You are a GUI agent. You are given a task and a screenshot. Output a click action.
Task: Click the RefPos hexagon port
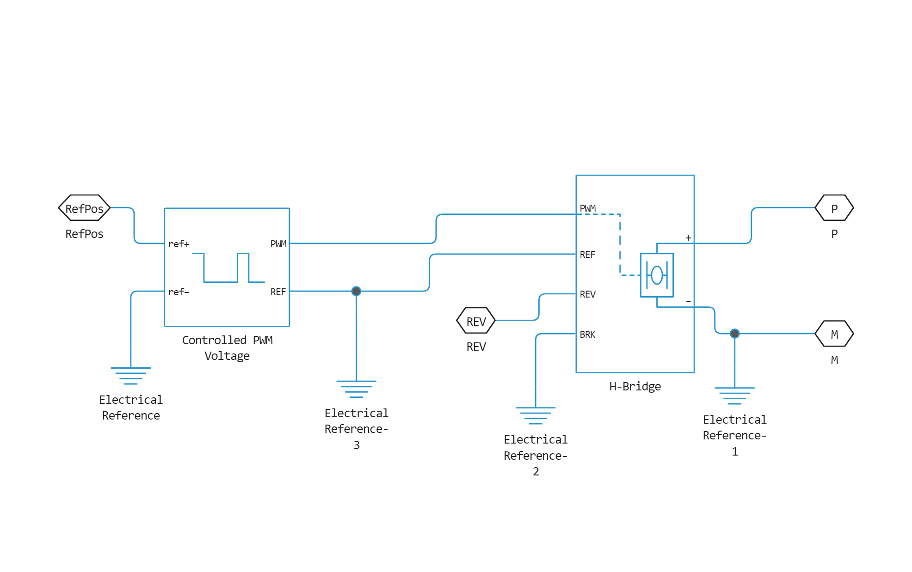click(x=84, y=208)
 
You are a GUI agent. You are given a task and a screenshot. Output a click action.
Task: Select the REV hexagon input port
click(x=476, y=321)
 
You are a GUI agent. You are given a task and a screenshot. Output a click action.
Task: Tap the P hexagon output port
click(x=834, y=208)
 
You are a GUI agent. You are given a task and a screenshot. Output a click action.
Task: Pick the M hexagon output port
click(x=834, y=334)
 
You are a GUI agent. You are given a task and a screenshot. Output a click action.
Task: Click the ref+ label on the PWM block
click(x=179, y=244)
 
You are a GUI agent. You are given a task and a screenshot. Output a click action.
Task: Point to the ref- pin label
click(x=179, y=292)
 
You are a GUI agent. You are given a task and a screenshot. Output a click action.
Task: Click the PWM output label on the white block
click(x=278, y=244)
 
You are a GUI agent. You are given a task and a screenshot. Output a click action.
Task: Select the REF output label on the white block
click(x=278, y=292)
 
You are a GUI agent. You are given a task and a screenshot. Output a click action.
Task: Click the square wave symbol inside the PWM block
click(x=228, y=268)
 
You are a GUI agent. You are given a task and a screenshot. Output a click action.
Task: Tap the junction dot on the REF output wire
click(x=356, y=291)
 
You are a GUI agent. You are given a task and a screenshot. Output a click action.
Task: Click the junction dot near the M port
click(x=734, y=334)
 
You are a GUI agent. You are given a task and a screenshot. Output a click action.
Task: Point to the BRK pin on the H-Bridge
click(x=587, y=335)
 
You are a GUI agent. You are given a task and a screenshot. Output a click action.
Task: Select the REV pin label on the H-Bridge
click(x=587, y=294)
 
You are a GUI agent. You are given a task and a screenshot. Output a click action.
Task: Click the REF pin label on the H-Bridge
click(x=587, y=255)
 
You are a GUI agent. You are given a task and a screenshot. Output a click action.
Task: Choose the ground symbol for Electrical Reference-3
click(x=356, y=388)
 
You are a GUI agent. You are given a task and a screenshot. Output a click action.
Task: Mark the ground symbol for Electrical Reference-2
click(x=536, y=415)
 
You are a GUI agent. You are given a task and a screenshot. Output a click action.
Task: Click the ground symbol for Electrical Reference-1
click(x=734, y=396)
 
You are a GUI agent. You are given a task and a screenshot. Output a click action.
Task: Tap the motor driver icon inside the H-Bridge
click(x=657, y=275)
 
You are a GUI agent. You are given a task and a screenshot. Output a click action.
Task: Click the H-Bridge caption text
click(x=635, y=386)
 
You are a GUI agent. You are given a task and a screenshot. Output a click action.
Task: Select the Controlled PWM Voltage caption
click(x=227, y=348)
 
